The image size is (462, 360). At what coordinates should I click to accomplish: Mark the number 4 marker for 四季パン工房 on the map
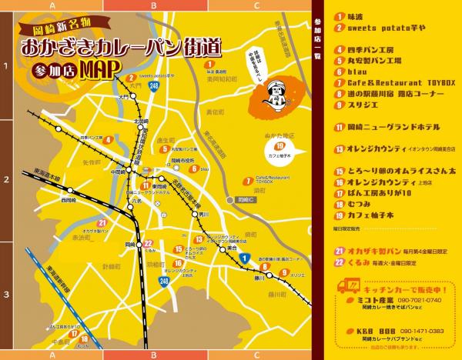[x=109, y=140]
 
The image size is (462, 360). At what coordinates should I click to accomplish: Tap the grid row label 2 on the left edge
[x=7, y=180]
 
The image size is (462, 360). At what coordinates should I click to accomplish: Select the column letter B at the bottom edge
[x=154, y=355]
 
